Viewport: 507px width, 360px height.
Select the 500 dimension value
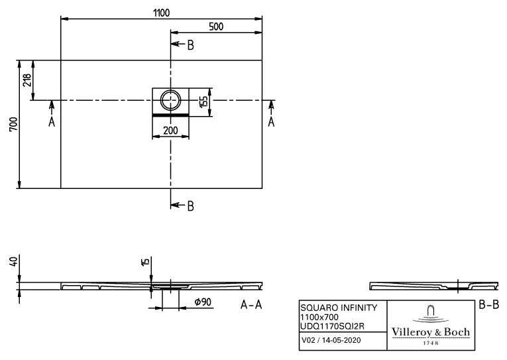(x=216, y=26)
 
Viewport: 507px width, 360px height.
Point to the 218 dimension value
(x=27, y=80)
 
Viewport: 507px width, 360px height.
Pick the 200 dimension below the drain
(x=170, y=131)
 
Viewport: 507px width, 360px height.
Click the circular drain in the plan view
(x=171, y=101)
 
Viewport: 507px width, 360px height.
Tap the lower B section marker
(x=190, y=206)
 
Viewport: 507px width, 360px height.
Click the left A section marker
(x=51, y=123)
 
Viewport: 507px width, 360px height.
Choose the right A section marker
(x=270, y=123)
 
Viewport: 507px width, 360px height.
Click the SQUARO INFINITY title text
(x=339, y=308)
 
